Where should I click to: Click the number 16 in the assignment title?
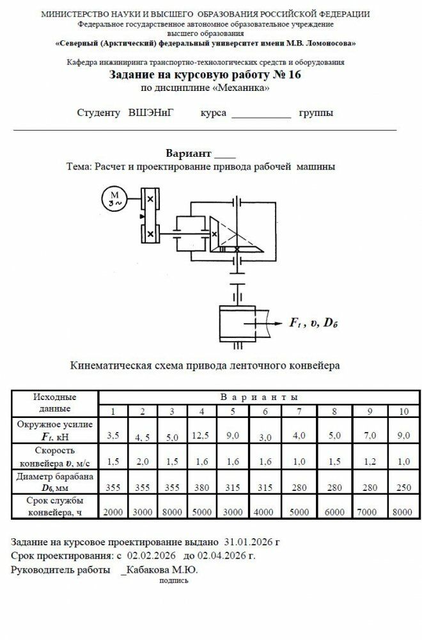pos(293,75)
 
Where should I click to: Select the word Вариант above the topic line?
pos(188,154)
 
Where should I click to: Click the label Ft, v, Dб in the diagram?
pos(313,323)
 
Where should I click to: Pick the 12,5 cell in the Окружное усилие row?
pos(202,436)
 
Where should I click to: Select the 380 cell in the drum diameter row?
pos(202,488)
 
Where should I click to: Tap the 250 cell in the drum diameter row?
pos(403,488)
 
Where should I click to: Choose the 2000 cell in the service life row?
pos(113,513)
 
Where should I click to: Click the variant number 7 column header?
pos(299,411)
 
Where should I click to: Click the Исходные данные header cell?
pos(55,403)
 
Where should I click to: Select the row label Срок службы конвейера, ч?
pos(55,506)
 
